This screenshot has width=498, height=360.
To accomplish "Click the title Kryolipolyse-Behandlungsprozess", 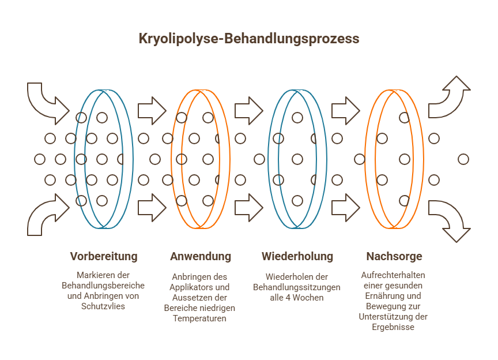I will [x=248, y=39].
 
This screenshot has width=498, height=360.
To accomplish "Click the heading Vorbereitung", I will [x=104, y=256].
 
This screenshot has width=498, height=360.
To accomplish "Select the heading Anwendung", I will [x=201, y=256].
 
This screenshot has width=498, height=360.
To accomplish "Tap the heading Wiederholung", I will [x=297, y=256].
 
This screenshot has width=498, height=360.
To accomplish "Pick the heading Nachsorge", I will [x=394, y=256].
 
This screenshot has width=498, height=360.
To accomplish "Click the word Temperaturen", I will [x=200, y=318].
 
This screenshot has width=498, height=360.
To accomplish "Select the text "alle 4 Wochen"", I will [x=297, y=297].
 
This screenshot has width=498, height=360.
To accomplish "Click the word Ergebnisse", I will [x=394, y=327].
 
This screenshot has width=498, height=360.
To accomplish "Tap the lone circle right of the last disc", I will [x=463, y=159].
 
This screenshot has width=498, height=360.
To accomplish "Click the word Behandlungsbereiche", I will [x=103, y=286].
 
